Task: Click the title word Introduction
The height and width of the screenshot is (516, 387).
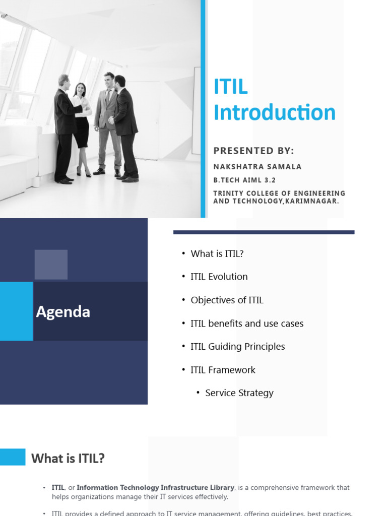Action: pyautogui.click(x=274, y=112)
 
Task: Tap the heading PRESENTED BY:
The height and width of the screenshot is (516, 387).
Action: pyautogui.click(x=253, y=151)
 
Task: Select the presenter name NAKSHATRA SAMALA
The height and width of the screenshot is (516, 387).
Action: pyautogui.click(x=257, y=167)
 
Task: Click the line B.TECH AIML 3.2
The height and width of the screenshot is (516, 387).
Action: pyautogui.click(x=244, y=180)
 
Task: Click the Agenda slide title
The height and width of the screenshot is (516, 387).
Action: pyautogui.click(x=63, y=312)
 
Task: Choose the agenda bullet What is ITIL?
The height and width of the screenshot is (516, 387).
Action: pyautogui.click(x=217, y=253)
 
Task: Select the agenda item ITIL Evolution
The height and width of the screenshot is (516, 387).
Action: pyautogui.click(x=219, y=277)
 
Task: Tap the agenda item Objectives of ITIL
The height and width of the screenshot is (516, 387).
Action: pyautogui.click(x=227, y=300)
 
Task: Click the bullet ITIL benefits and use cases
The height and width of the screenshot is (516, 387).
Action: pyautogui.click(x=247, y=324)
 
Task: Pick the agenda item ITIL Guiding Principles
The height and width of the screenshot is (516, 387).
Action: pyautogui.click(x=237, y=347)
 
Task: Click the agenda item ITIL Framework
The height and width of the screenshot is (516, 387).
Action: pyautogui.click(x=223, y=370)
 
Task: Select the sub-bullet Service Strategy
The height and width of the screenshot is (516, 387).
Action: pyautogui.click(x=239, y=393)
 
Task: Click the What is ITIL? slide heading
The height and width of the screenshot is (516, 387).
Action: pyautogui.click(x=68, y=459)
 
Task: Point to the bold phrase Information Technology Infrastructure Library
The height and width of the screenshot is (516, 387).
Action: pyautogui.click(x=155, y=487)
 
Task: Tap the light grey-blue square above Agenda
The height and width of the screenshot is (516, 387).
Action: pyautogui.click(x=51, y=265)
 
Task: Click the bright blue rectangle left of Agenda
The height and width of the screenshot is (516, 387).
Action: pyautogui.click(x=16, y=311)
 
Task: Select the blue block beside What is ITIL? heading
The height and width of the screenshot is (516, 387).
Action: pyautogui.click(x=13, y=457)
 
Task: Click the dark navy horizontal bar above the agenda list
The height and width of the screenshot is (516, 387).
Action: pyautogui.click(x=264, y=232)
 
